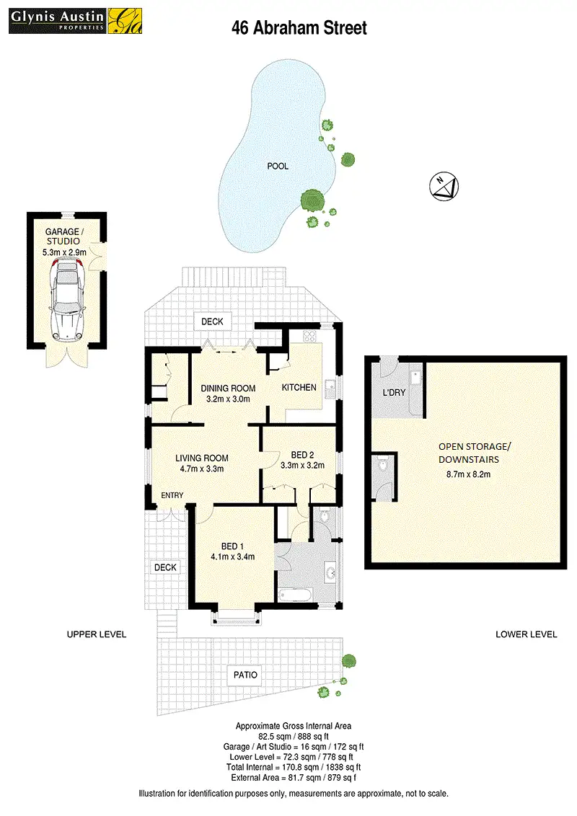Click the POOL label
pyautogui.click(x=278, y=166)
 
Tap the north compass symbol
pyautogui.click(x=442, y=186)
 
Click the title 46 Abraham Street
pyautogui.click(x=299, y=28)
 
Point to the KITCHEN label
pyautogui.click(x=299, y=387)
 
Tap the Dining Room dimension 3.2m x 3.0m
pyautogui.click(x=228, y=399)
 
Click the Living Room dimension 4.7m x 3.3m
pyautogui.click(x=202, y=469)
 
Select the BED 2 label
pyautogui.click(x=302, y=454)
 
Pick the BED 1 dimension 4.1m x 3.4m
pyautogui.click(x=232, y=556)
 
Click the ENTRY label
pyautogui.click(x=172, y=495)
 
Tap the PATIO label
pyautogui.click(x=245, y=675)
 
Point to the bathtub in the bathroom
pyautogui.click(x=296, y=595)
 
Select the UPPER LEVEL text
pyautogui.click(x=97, y=634)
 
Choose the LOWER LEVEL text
pyautogui.click(x=527, y=634)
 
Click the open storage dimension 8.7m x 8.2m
pyautogui.click(x=470, y=474)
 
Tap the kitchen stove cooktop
pyautogui.click(x=310, y=335)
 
